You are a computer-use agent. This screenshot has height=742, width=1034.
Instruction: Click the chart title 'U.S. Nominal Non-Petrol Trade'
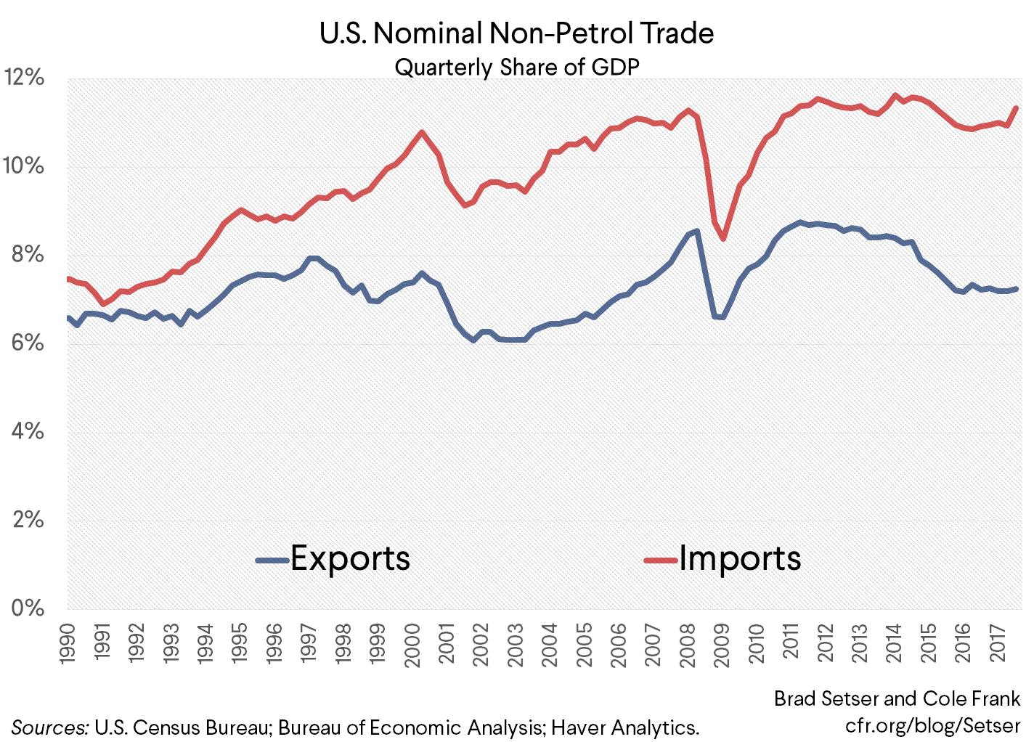pos(516,33)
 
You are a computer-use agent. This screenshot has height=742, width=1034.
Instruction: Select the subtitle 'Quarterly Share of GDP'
pos(516,68)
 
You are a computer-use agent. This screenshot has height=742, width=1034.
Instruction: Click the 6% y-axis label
pos(28,343)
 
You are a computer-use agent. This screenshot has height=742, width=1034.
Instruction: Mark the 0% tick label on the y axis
pos(28,608)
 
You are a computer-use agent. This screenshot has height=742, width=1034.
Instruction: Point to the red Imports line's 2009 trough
pos(723,239)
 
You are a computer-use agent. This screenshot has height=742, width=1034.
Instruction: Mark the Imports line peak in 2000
pos(422,132)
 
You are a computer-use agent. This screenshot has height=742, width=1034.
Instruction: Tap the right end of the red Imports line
pos(1017,108)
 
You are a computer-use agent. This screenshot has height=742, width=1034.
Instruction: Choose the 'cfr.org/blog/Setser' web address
pos(932,725)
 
